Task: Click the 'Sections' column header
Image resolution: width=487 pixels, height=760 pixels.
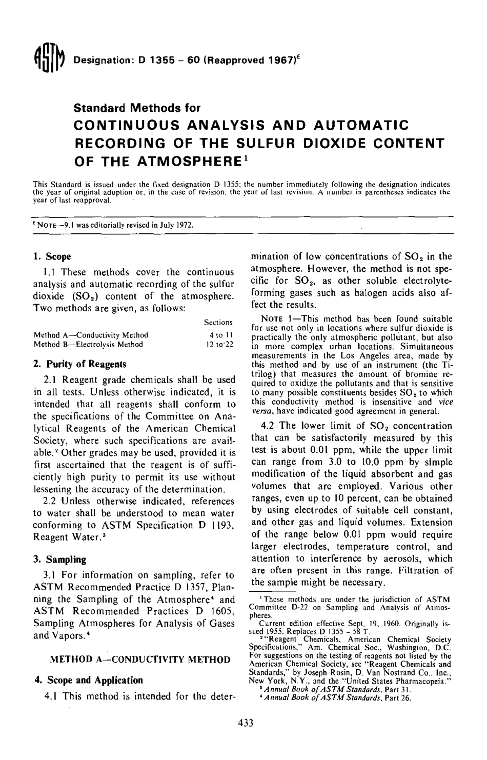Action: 218,323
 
